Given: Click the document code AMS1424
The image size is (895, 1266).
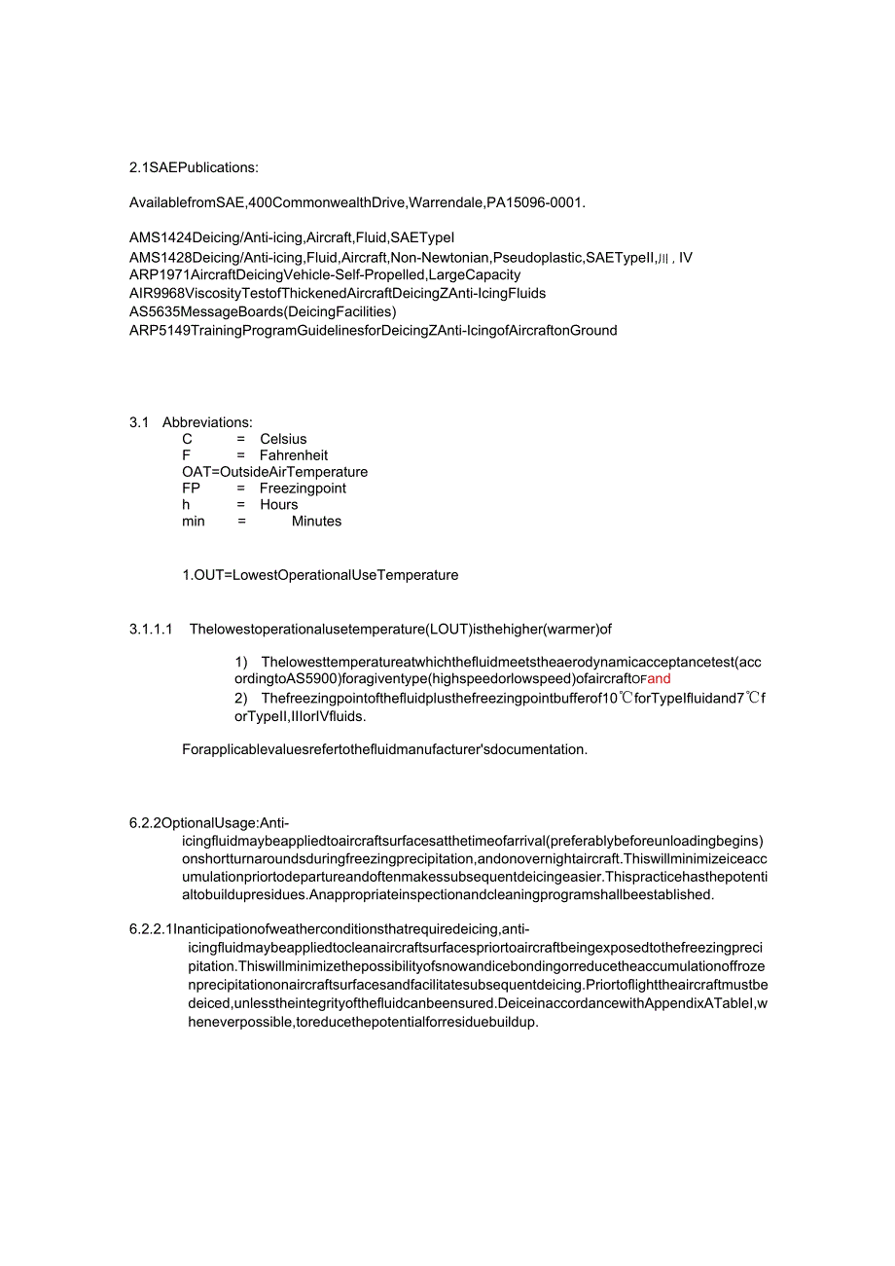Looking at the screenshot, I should coord(160,238).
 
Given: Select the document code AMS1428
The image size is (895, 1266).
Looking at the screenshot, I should coord(160,258).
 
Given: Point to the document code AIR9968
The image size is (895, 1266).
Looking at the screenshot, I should coord(157,293).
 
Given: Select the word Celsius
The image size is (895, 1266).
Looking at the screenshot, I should coord(283,439).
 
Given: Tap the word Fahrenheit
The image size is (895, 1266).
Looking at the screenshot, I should coord(294,455).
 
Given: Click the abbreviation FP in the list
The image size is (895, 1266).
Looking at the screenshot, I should coord(191,488).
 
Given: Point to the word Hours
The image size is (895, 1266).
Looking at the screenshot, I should coord(279,505).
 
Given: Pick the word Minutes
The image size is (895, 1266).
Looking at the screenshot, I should coord(317,522).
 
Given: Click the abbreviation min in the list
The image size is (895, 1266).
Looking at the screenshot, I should coord(194,522).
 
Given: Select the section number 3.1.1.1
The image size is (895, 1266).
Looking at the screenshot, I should coord(151,629).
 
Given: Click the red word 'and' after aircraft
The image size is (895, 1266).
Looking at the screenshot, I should coord(660,679).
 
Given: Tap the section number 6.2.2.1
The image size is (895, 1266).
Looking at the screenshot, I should coord(151,928).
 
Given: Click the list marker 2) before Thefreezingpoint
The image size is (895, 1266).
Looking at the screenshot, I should coord(241,699).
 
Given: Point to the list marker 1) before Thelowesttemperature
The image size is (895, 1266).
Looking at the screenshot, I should coord(241,663).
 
